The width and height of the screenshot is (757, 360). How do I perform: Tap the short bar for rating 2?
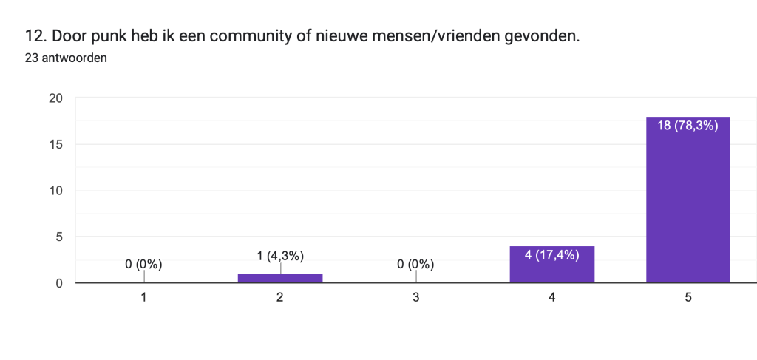tap(280, 278)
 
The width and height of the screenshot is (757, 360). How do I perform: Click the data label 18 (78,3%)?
tap(688, 126)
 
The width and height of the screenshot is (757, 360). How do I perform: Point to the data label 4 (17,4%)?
tap(551, 255)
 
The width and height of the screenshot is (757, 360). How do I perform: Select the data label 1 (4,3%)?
tap(280, 256)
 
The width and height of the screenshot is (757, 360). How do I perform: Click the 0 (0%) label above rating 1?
tap(143, 264)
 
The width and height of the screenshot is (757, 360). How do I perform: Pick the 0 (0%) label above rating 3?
tap(416, 264)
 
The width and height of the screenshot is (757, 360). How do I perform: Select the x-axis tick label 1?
tap(143, 297)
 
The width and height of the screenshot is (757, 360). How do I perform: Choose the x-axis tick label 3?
tap(416, 297)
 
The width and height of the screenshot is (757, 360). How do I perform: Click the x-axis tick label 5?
tap(688, 297)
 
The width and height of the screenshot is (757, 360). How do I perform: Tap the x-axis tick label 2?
tap(280, 297)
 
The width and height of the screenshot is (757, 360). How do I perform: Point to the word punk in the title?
tap(109, 35)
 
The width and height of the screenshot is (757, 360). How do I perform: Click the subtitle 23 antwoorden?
tap(66, 58)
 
